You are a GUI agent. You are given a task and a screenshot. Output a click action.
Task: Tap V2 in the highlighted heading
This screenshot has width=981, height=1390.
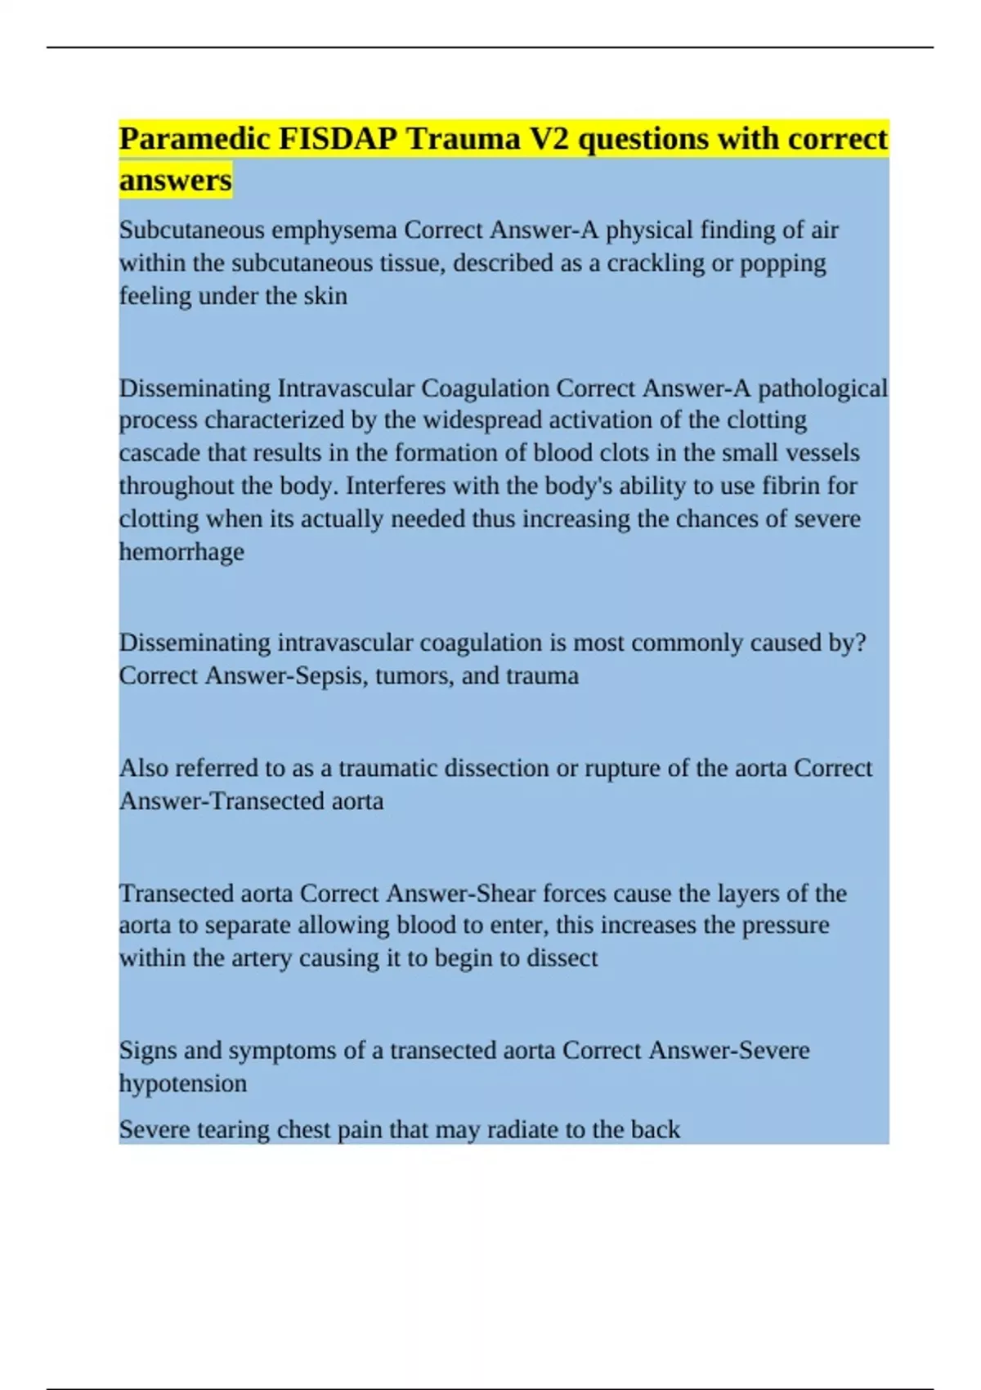point(550,140)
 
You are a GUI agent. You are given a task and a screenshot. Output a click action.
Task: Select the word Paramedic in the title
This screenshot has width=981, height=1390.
point(195,140)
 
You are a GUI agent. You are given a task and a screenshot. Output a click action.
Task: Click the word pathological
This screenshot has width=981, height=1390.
point(822,388)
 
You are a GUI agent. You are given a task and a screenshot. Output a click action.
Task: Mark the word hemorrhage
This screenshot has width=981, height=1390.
point(181,552)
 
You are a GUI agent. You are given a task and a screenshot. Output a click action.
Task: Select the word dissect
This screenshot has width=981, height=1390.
point(562,958)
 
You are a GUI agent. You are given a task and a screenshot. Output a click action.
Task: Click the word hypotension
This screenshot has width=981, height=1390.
point(183,1084)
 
